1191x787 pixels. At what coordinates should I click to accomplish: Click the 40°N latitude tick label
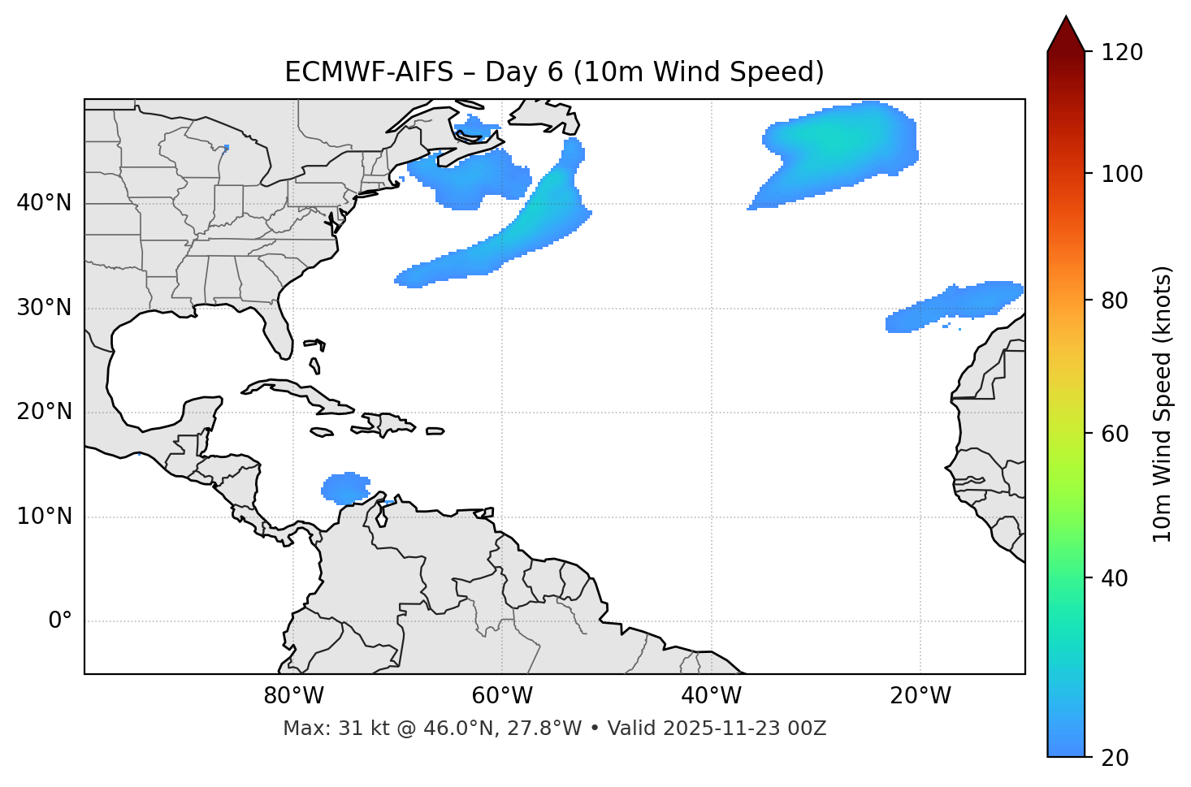(44, 203)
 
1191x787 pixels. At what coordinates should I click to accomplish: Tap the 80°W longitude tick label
(293, 696)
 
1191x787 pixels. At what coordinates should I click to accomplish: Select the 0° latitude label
(60, 621)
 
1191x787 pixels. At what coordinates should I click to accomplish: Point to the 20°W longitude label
(920, 696)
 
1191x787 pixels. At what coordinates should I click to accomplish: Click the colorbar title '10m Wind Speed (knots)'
(1163, 404)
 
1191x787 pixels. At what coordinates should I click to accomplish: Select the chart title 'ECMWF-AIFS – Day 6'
(554, 72)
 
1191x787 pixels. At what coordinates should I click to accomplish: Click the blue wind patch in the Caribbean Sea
(345, 488)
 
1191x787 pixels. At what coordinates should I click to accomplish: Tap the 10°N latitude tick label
(44, 517)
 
